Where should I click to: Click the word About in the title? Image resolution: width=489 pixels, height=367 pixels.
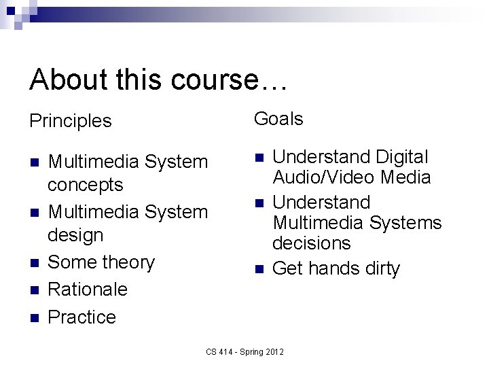click(x=68, y=80)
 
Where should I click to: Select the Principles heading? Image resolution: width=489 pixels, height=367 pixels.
click(x=70, y=122)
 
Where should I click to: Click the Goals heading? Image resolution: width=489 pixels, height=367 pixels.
click(x=278, y=119)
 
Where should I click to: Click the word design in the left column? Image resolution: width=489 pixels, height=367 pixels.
click(x=75, y=235)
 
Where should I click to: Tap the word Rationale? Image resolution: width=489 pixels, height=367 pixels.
click(x=88, y=289)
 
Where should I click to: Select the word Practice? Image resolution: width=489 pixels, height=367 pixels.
click(x=83, y=317)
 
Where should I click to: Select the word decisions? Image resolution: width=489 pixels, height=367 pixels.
click(x=311, y=243)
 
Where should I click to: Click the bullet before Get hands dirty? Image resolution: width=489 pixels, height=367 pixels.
click(x=258, y=269)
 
